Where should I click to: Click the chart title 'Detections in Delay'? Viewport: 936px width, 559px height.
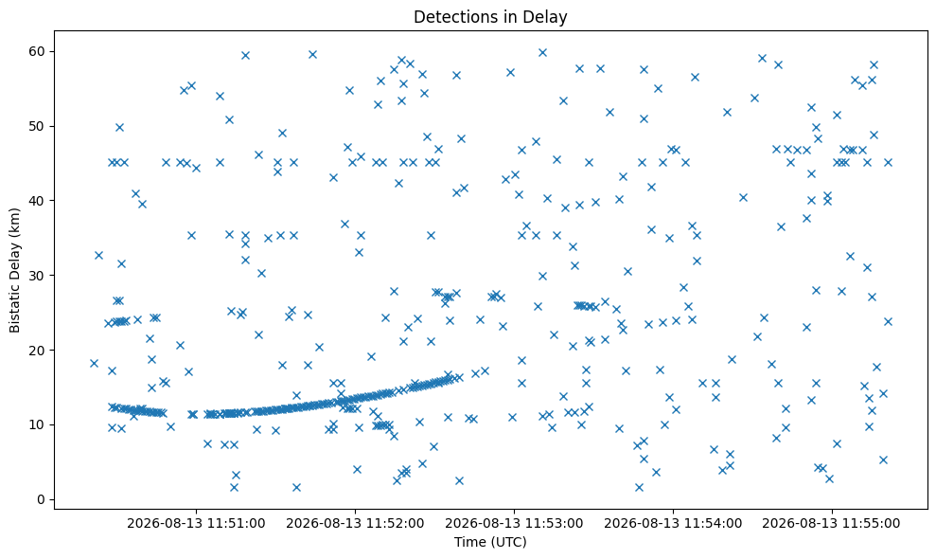pyautogui.click(x=490, y=17)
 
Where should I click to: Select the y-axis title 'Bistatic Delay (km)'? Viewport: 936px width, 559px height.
pyautogui.click(x=14, y=270)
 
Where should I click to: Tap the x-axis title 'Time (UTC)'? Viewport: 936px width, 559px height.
pyautogui.click(x=490, y=542)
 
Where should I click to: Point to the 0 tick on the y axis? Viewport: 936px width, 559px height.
pyautogui.click(x=42, y=500)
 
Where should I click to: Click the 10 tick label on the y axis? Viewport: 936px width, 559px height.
pyautogui.click(x=38, y=425)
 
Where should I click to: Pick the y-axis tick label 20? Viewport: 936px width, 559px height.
pyautogui.click(x=38, y=351)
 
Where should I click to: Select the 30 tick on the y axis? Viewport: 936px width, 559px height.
pyautogui.click(x=38, y=276)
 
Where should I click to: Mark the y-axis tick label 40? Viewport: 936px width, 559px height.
pyautogui.click(x=38, y=201)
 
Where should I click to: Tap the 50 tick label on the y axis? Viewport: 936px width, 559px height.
pyautogui.click(x=38, y=126)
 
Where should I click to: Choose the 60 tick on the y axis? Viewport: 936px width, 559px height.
pyautogui.click(x=38, y=51)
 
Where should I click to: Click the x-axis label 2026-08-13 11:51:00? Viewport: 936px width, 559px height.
pyautogui.click(x=197, y=524)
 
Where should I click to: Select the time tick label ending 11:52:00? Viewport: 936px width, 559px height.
pyautogui.click(x=355, y=524)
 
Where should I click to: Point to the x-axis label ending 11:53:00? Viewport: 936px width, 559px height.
pyautogui.click(x=514, y=524)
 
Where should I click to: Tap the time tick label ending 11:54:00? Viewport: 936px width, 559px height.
pyautogui.click(x=673, y=524)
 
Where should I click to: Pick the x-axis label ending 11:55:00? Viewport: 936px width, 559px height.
pyautogui.click(x=832, y=524)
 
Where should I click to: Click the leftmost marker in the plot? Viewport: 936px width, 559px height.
pyautogui.click(x=94, y=363)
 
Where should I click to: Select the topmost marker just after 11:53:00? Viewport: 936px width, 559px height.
pyautogui.click(x=542, y=53)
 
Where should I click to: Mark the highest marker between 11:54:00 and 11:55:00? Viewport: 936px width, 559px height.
pyautogui.click(x=762, y=58)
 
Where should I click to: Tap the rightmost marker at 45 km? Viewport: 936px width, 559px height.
pyautogui.click(x=888, y=162)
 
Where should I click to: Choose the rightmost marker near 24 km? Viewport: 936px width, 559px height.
pyautogui.click(x=888, y=321)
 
